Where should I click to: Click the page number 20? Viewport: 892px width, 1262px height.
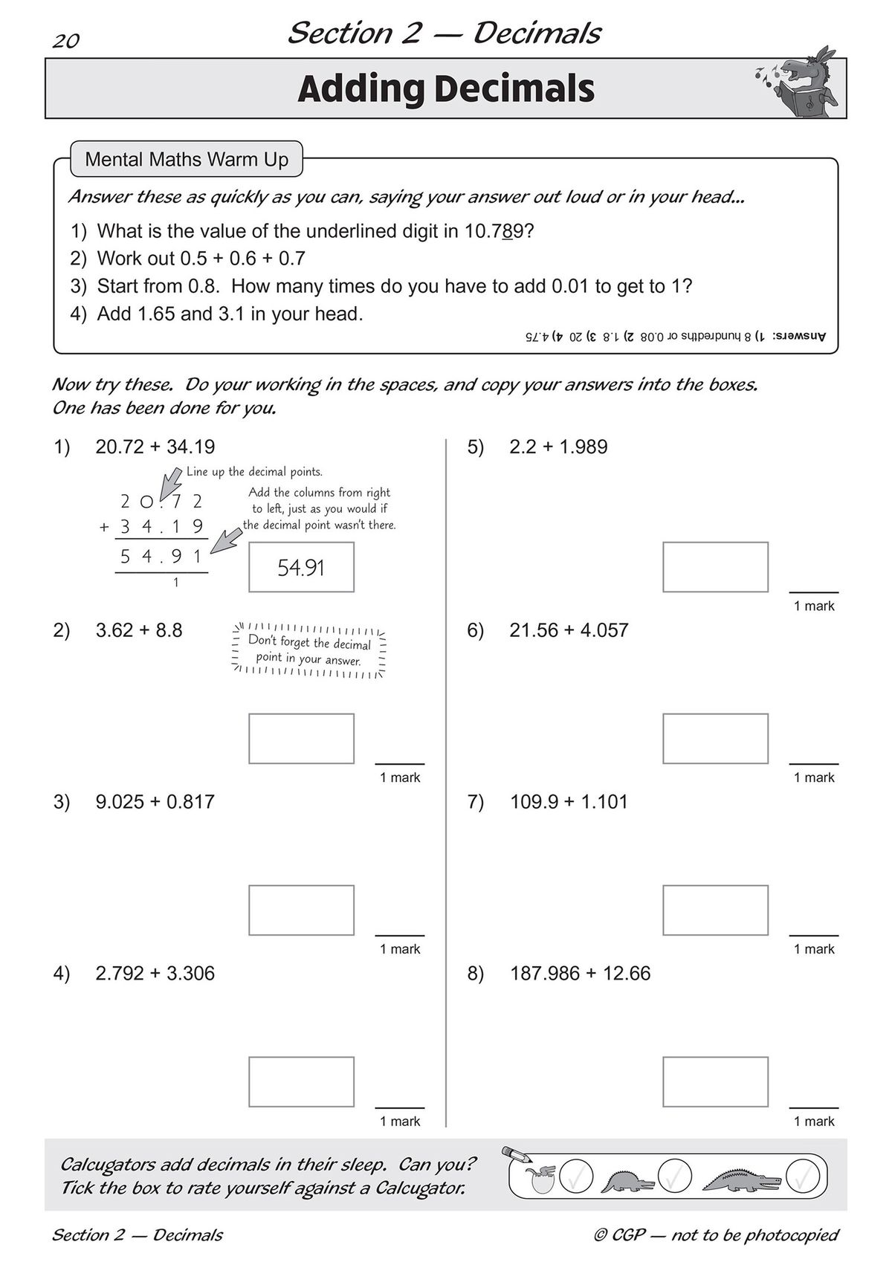tap(65, 41)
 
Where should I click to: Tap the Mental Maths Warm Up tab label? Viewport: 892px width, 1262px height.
tap(187, 159)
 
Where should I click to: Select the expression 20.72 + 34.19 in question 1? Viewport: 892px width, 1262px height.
tap(155, 447)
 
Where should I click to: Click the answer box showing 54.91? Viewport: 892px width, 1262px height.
tap(301, 567)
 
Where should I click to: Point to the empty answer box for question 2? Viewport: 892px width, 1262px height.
tap(301, 738)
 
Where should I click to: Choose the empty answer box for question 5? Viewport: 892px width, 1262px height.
tap(715, 567)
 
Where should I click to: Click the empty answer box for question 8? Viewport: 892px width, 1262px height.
tap(715, 1081)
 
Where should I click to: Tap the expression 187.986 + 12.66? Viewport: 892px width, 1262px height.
tap(580, 973)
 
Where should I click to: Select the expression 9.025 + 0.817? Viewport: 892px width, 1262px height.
tap(155, 801)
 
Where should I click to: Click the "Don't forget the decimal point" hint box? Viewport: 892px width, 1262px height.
tap(309, 650)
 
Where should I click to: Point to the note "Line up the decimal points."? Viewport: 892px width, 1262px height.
tap(254, 471)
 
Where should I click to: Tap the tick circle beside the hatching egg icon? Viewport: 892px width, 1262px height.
tap(576, 1177)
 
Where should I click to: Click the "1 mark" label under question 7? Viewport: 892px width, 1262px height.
tap(814, 949)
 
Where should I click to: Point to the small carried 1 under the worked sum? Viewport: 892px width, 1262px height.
tap(176, 583)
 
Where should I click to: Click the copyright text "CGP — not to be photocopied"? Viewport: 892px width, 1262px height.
tap(717, 1235)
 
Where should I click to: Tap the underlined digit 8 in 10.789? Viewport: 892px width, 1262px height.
tap(507, 231)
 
